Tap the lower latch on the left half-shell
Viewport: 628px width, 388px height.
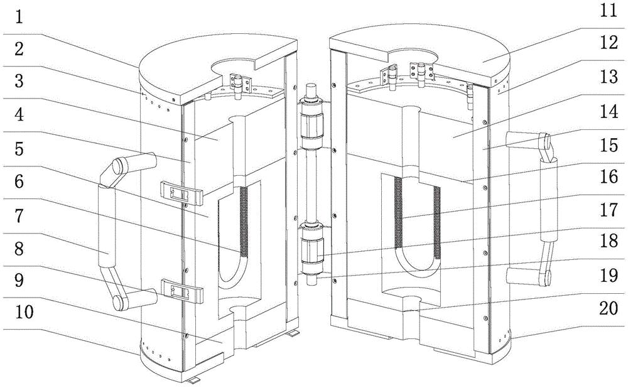(183, 289)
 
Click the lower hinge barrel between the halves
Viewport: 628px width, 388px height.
(311, 249)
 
